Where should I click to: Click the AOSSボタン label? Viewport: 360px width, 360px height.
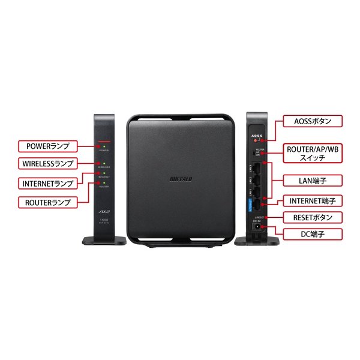(x=313, y=121)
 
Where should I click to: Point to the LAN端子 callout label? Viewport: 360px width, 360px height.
(x=313, y=179)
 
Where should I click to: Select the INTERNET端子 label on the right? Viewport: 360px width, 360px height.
(x=313, y=200)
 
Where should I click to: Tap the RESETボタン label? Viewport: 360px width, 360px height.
(x=313, y=217)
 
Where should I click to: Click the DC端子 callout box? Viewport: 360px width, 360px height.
(x=313, y=233)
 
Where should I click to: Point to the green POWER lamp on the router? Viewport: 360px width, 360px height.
(x=104, y=146)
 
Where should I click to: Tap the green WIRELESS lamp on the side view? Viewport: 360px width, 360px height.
(x=104, y=162)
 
